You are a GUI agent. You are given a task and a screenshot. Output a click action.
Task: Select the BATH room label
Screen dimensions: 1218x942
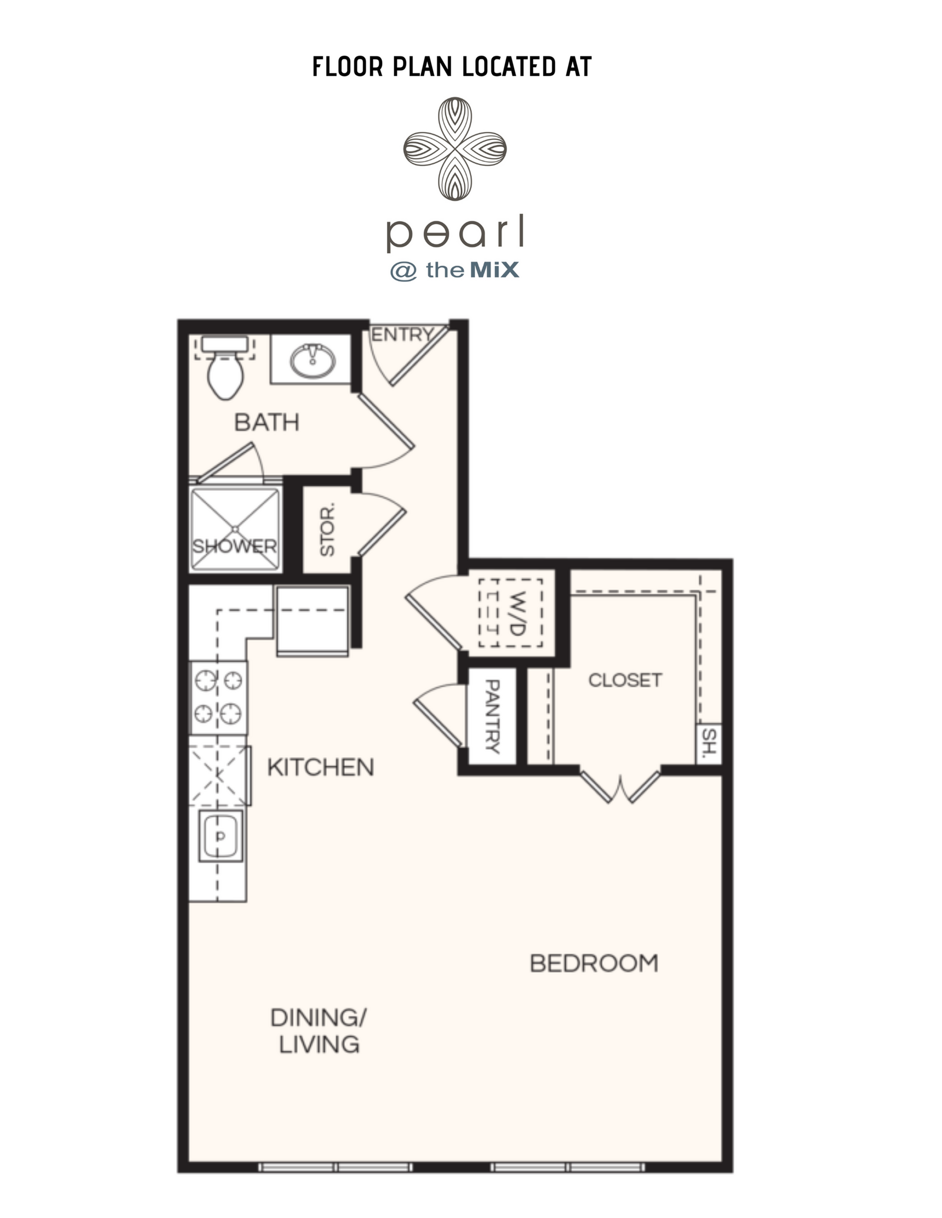pyautogui.click(x=267, y=422)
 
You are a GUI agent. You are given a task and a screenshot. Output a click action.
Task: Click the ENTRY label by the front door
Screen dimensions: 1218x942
pyautogui.click(x=402, y=335)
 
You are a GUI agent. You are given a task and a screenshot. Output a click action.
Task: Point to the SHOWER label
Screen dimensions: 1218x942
pyautogui.click(x=235, y=546)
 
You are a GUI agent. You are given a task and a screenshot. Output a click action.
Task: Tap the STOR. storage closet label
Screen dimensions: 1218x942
pyautogui.click(x=328, y=529)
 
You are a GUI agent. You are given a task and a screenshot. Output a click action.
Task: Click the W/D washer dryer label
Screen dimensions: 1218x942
pyautogui.click(x=517, y=613)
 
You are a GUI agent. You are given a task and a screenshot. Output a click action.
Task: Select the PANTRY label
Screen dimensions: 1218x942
pyautogui.click(x=492, y=716)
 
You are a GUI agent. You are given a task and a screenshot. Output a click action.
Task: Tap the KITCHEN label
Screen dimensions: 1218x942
pyautogui.click(x=320, y=767)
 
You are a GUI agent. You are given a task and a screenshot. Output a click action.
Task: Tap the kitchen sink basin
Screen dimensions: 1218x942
pyautogui.click(x=222, y=837)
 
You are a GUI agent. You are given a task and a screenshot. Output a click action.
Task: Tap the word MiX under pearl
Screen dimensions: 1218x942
pyautogui.click(x=494, y=270)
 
